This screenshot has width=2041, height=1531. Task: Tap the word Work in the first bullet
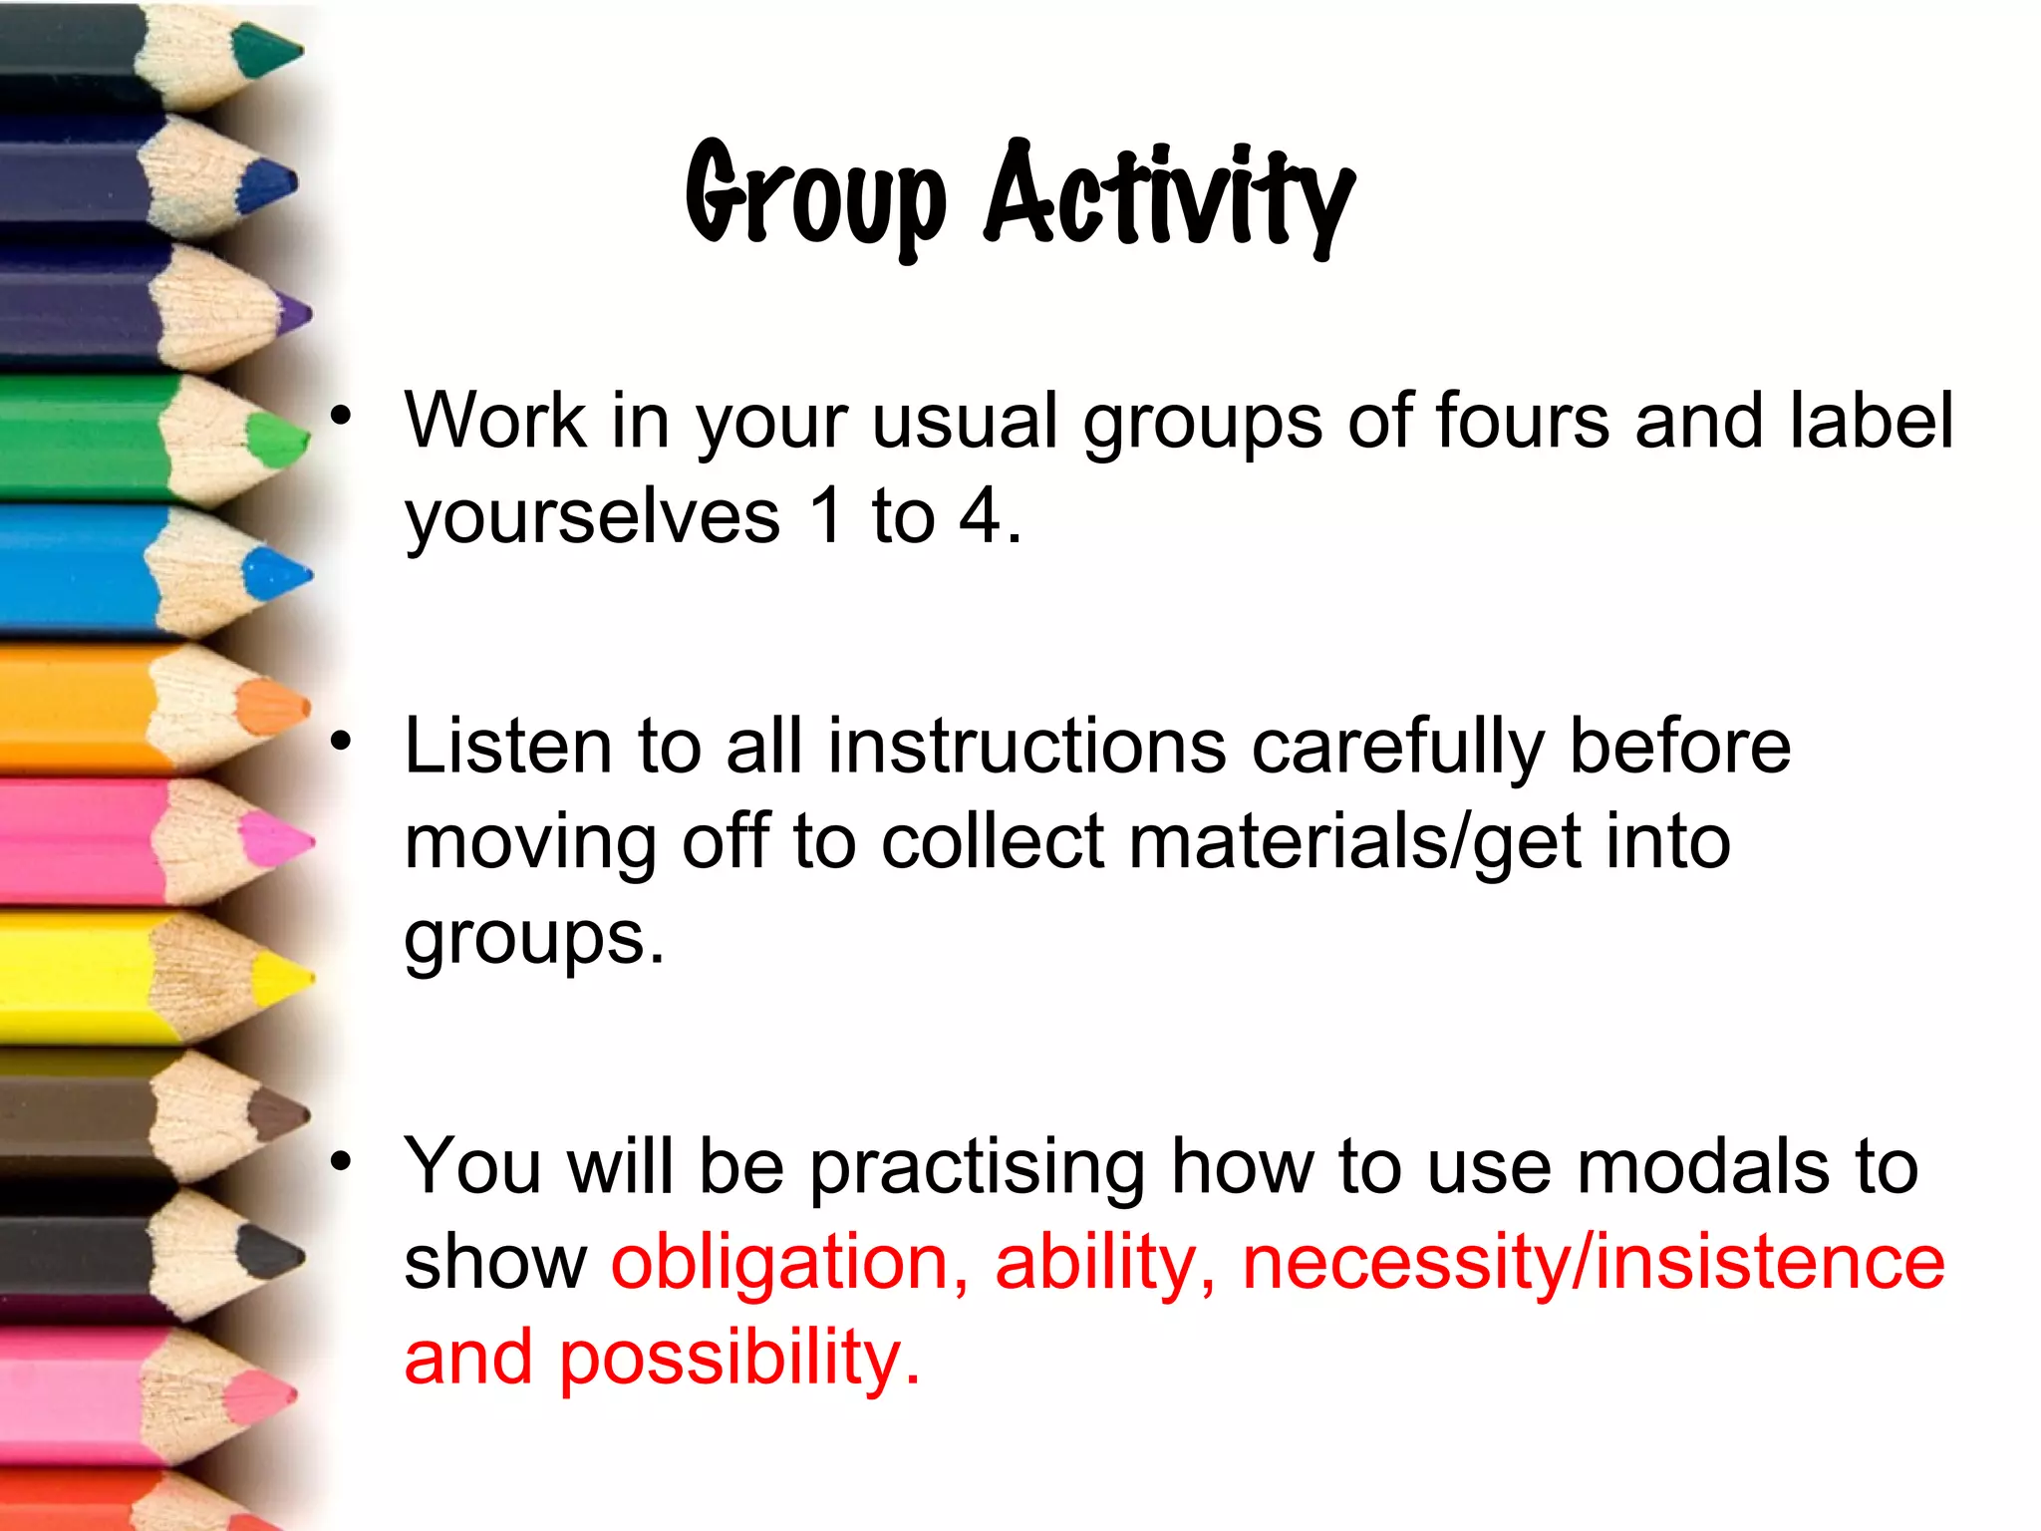[495, 421]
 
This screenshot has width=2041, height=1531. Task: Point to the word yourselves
[592, 518]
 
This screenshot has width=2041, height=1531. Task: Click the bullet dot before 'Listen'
[342, 740]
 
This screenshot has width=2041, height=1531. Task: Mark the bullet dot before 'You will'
[342, 1160]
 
